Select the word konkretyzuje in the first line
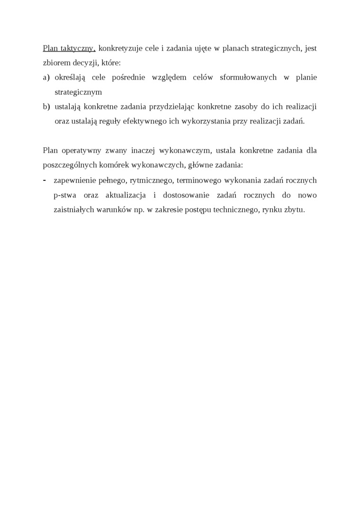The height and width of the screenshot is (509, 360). coord(119,48)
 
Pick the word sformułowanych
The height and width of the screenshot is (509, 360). coord(248,77)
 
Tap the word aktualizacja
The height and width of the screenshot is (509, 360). coord(125,195)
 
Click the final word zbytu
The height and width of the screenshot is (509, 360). coord(294,209)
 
